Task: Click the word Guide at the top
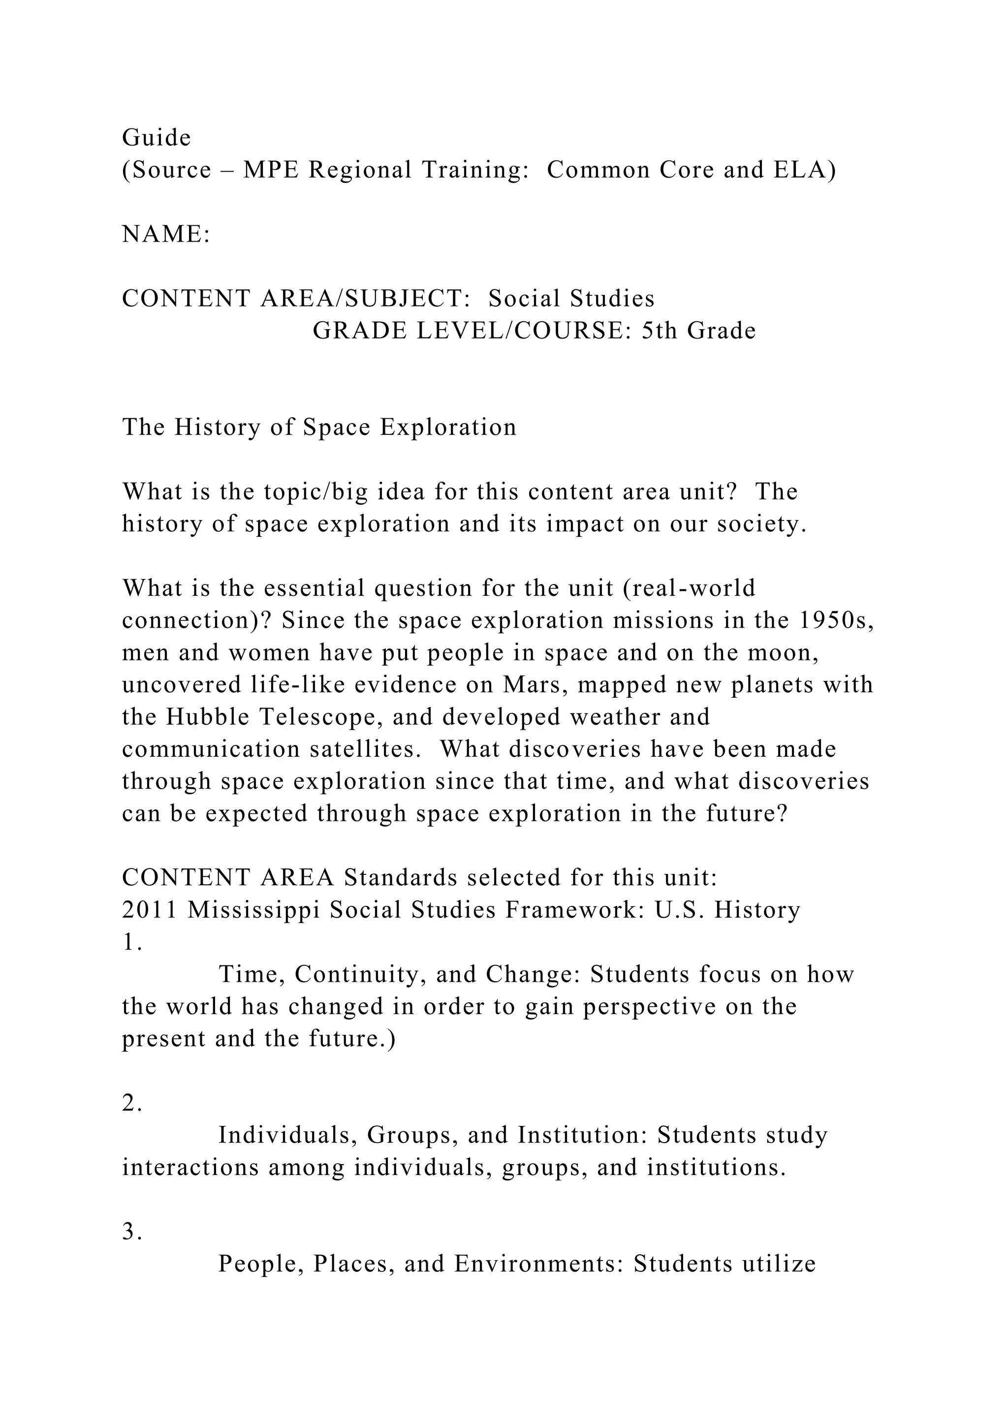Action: point(157,138)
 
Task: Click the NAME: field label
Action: point(166,235)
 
